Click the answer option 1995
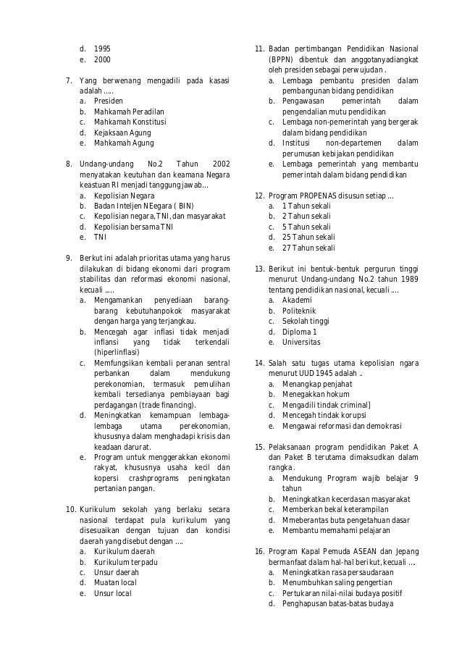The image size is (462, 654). click(x=102, y=49)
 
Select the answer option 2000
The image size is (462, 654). click(x=102, y=60)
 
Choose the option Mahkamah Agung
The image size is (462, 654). click(x=124, y=143)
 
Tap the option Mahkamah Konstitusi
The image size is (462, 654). click(x=130, y=122)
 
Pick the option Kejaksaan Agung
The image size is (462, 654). click(x=122, y=133)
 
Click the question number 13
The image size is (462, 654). click(x=259, y=269)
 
